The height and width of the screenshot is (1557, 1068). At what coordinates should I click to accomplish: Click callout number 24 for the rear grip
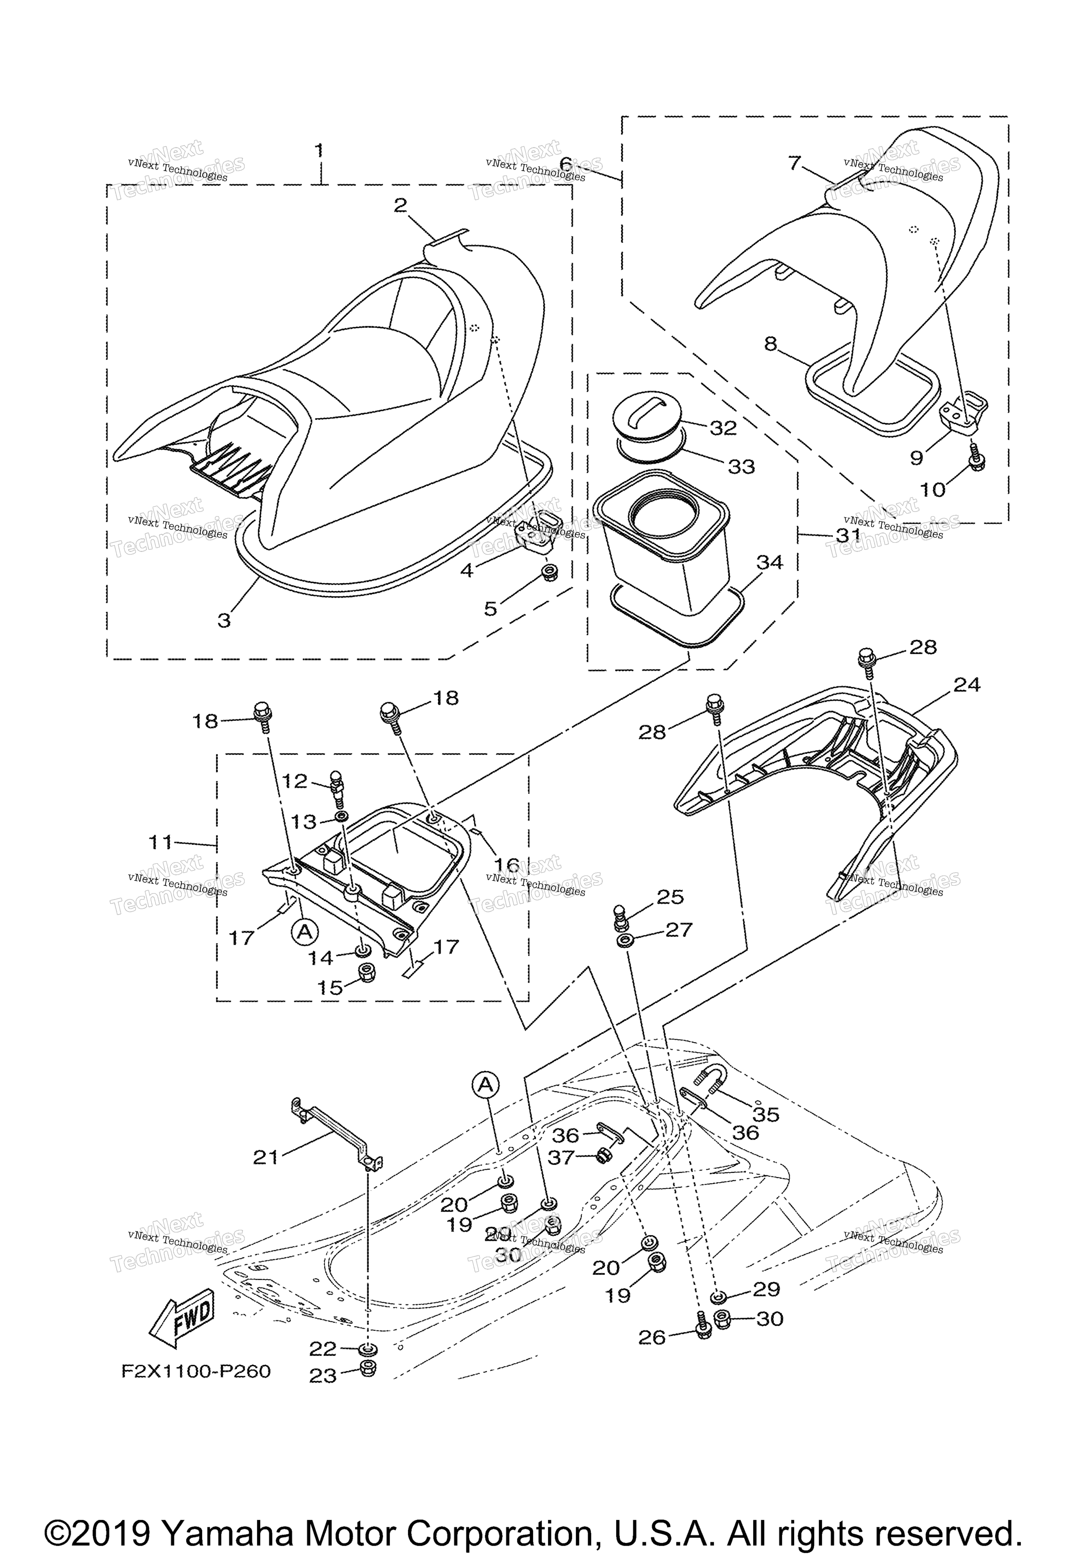coord(966,685)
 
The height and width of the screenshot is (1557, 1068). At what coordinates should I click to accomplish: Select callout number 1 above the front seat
coord(319,150)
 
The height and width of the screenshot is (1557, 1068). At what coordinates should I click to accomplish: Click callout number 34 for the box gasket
coord(769,562)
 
